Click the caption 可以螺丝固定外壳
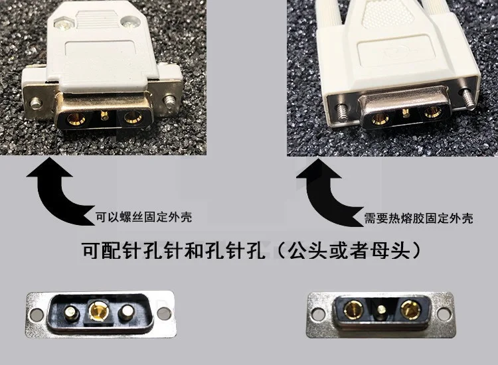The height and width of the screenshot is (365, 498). point(144,218)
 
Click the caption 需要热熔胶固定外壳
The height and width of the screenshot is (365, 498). point(418,218)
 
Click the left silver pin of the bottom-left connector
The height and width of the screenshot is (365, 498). point(72,313)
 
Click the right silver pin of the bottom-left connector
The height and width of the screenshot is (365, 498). point(125,313)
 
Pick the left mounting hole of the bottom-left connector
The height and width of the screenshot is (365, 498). point(37,314)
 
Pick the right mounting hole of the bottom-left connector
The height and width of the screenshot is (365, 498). point(164,314)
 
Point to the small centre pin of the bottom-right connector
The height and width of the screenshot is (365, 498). point(381,309)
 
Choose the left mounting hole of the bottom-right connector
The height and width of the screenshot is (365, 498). point(319,313)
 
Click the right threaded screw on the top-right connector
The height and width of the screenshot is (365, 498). point(467,98)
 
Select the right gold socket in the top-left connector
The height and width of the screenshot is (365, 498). point(133,117)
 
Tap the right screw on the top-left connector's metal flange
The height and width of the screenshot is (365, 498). point(169,101)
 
